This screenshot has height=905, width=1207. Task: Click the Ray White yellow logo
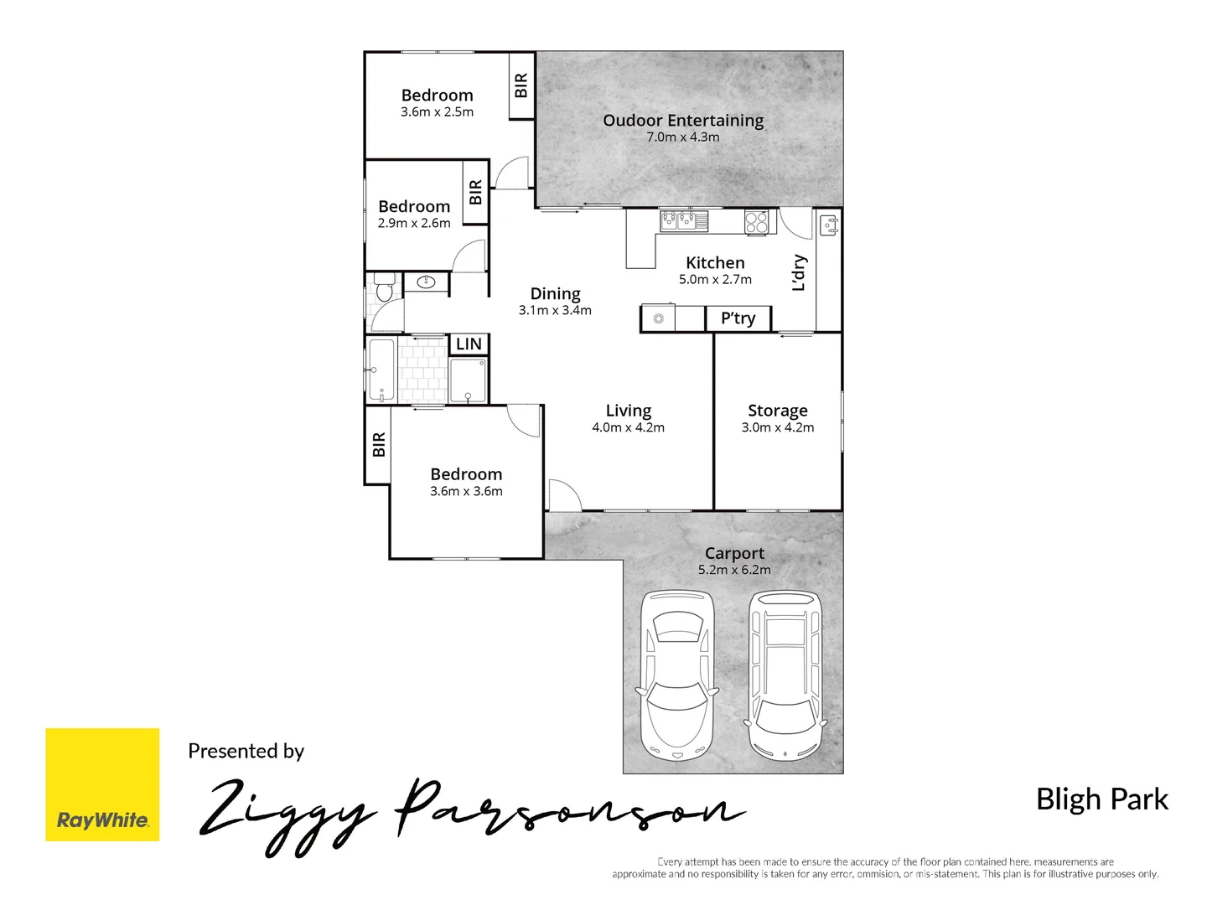point(102,784)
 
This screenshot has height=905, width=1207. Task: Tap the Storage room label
point(777,411)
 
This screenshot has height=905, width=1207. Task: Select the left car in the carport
point(677,675)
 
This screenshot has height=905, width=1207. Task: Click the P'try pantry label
point(738,318)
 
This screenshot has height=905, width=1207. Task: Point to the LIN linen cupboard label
point(469,344)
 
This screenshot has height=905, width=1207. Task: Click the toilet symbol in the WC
point(384,287)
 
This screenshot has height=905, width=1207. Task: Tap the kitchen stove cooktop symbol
point(756,222)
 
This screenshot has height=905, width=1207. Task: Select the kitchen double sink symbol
point(684,221)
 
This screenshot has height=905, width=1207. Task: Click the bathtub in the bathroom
point(381,370)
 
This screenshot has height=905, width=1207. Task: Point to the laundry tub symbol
point(829,225)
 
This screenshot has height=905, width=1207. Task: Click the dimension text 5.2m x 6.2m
point(734,570)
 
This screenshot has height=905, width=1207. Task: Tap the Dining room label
point(555,293)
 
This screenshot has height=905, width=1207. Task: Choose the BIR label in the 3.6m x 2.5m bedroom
point(521,85)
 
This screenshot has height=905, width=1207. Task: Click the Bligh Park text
point(1101,799)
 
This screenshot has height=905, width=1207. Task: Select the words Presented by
point(246,751)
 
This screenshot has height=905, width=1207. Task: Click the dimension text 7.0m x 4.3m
point(682,137)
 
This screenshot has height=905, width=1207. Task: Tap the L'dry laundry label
point(800,273)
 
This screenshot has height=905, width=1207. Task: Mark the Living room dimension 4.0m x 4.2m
point(628,427)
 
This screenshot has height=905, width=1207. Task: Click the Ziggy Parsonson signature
point(469,813)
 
